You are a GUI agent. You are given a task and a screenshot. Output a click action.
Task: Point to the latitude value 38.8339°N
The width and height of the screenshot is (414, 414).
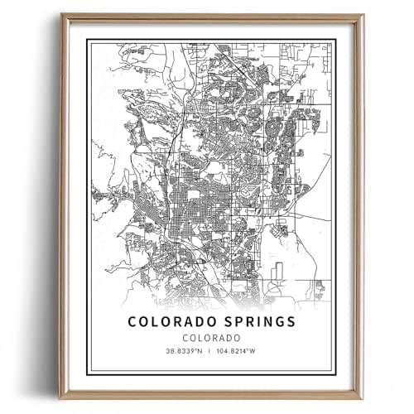click(172, 356)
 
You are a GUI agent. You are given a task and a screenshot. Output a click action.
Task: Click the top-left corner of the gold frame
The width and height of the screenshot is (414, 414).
click(60, 14)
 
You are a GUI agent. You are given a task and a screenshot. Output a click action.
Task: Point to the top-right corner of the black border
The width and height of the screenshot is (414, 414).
click(335, 39)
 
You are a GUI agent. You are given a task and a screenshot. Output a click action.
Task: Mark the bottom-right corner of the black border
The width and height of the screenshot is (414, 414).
click(335, 374)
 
